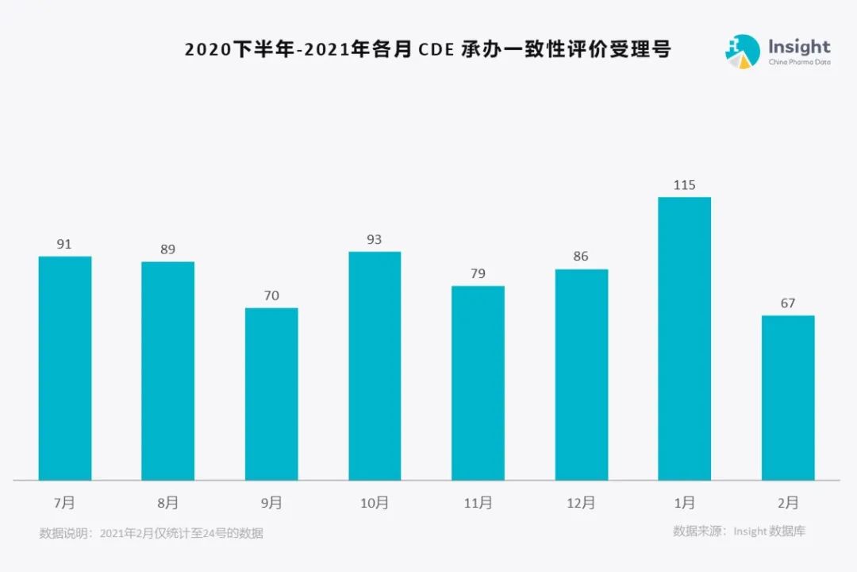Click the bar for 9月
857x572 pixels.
coord(271,394)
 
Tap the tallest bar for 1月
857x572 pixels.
coord(685,338)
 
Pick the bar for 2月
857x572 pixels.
coord(788,397)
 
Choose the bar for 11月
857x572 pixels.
coord(478,383)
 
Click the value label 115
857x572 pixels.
coord(684,185)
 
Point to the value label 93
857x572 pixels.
coord(375,239)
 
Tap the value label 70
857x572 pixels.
coord(271,296)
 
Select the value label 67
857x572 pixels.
coord(787,303)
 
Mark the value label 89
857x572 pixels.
coord(167,249)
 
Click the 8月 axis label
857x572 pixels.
coord(167,503)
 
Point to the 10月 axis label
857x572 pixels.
coord(375,503)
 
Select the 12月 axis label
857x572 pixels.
coord(581,503)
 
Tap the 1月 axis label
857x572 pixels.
coord(684,503)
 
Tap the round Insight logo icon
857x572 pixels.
coord(742,51)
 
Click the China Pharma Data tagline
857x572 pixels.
coord(799,63)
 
